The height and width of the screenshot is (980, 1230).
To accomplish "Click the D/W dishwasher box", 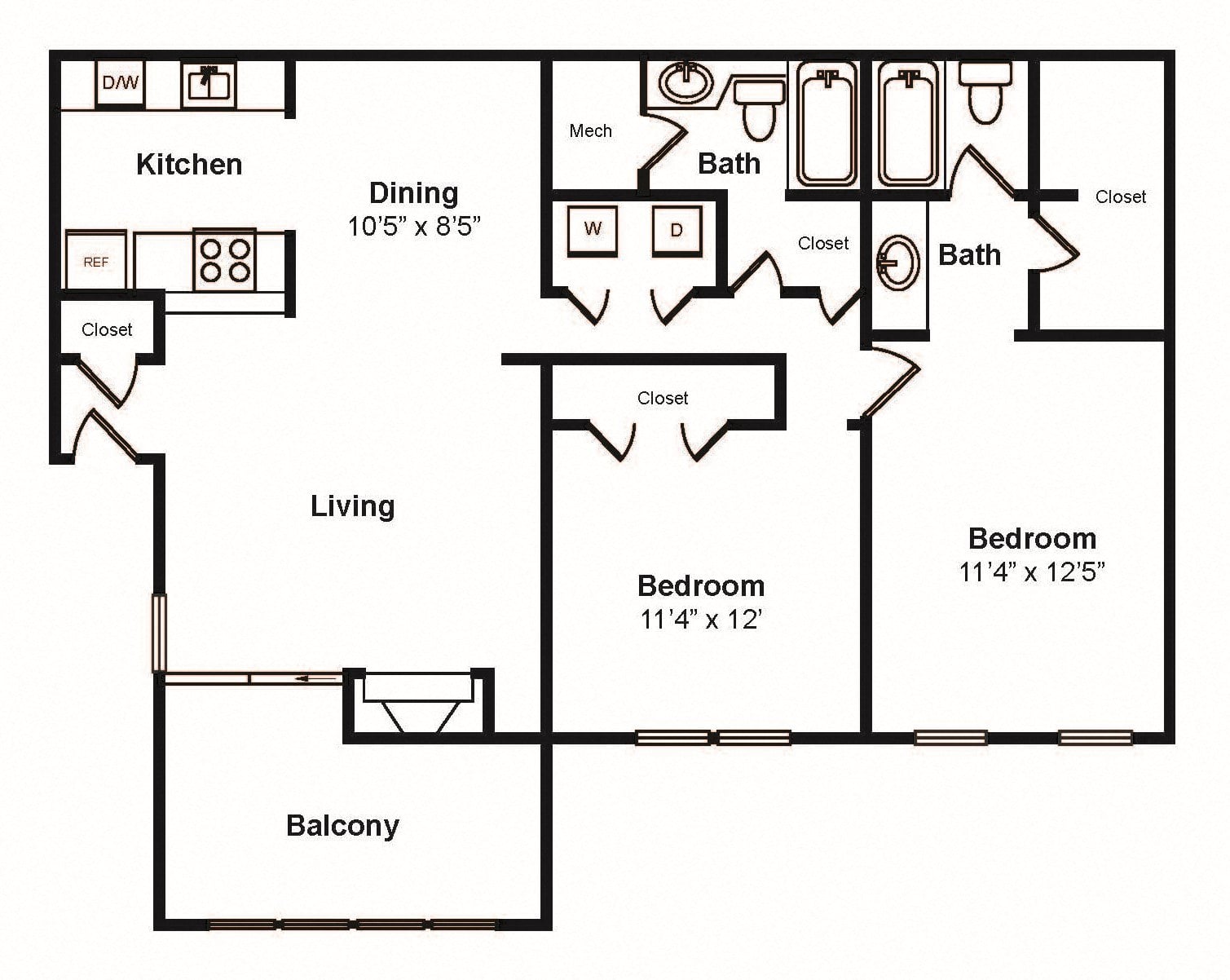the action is click(x=120, y=83).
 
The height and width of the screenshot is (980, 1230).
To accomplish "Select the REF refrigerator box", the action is click(x=96, y=260).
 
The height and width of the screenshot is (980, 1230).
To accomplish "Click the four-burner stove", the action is click(x=225, y=259).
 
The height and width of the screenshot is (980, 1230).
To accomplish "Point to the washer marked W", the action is click(x=593, y=231).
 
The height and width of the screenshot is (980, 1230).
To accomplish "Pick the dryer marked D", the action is click(x=677, y=231).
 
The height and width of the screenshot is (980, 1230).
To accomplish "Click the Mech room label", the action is click(x=590, y=131).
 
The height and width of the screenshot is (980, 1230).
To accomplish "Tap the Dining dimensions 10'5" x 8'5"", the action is click(x=414, y=227).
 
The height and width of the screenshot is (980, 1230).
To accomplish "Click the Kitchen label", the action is click(x=189, y=165).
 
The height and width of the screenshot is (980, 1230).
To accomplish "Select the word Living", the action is click(x=353, y=506).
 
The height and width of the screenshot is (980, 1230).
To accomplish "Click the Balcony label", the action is click(x=342, y=826).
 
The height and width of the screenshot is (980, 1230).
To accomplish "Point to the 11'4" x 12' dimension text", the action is click(x=701, y=619).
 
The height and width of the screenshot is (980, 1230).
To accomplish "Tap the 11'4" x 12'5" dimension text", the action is click(x=1032, y=572).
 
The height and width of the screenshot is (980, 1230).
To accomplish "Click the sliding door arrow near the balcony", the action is click(x=317, y=678).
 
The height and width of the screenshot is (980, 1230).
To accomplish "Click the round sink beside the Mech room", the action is click(x=686, y=83).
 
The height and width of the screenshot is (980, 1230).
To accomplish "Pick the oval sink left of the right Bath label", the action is click(x=897, y=263).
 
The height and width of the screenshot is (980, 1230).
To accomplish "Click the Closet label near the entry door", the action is click(x=107, y=330).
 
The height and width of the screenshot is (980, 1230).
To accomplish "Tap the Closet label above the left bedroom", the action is click(x=663, y=399).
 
